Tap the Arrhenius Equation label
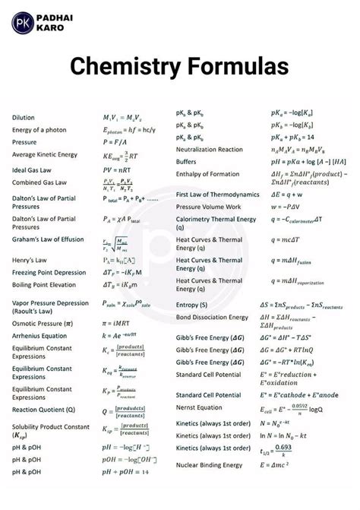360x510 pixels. (x=39, y=335)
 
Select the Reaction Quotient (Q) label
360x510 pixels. (x=43, y=409)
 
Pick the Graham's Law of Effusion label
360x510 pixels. (x=48, y=239)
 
